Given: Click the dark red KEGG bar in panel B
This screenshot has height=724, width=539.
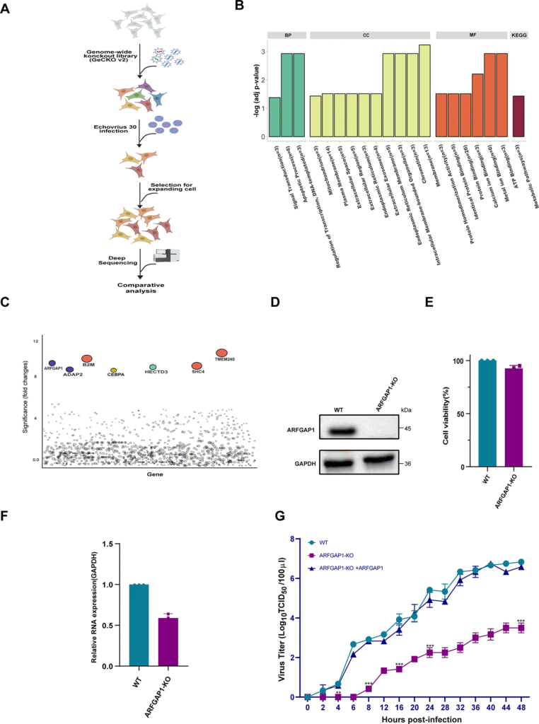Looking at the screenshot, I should [x=518, y=117].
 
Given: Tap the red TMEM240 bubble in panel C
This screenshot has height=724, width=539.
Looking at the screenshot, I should [x=221, y=353].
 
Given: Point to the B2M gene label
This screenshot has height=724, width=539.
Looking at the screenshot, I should [x=88, y=366].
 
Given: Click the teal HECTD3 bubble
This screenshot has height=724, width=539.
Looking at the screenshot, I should [x=153, y=367].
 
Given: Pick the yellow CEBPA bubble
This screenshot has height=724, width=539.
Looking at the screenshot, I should [x=113, y=370].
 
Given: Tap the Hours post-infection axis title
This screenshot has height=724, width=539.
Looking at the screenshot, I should [x=414, y=718].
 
